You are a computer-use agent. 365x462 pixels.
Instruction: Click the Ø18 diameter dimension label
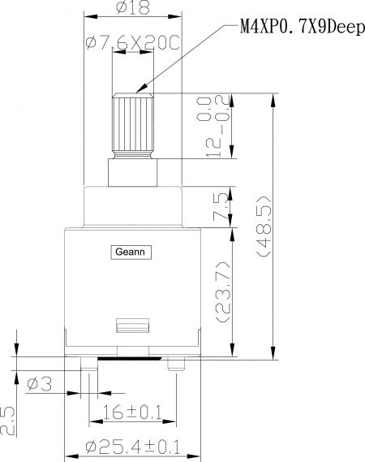coord(133,7)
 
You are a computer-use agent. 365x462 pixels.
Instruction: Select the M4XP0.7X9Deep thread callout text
coord(303,28)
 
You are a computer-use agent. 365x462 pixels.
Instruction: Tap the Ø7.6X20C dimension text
coord(132,43)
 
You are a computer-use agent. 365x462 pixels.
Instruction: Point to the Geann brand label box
coord(131,253)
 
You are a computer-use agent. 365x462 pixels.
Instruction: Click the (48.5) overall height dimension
coord(264,227)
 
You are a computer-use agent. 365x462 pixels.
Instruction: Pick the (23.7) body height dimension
coord(222,291)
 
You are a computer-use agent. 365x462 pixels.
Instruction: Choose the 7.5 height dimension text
coord(221,207)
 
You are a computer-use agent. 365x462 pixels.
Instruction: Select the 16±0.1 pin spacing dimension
coord(132,412)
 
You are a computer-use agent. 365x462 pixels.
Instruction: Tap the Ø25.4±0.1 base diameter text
coord(133,447)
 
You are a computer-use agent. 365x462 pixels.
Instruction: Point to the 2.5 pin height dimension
coord(7,421)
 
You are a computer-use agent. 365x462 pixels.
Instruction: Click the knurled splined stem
coord(133,126)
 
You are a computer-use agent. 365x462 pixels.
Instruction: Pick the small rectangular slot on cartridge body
coord(133,326)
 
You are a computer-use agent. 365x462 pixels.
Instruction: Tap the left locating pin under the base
coord(89,364)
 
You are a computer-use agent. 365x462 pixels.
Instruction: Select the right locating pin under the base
coord(176,364)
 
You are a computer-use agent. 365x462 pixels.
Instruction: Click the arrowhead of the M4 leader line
coord(141,89)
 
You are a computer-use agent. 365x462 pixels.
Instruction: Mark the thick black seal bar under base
coord(130,358)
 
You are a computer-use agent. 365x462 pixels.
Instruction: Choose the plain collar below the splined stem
coord(132,173)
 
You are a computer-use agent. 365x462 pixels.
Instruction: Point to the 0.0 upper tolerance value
coord(204,109)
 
